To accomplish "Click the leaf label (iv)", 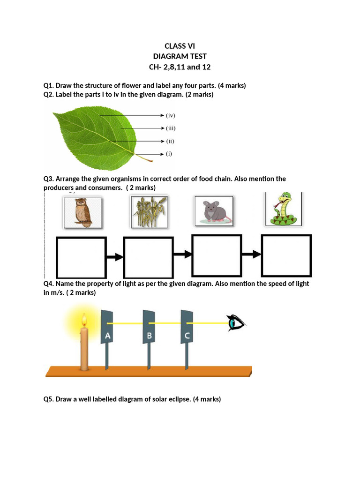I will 170,115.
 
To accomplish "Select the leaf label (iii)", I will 170,127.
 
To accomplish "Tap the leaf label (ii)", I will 170,141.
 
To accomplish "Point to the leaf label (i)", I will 169,153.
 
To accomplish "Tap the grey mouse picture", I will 213,211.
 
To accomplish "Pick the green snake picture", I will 283,209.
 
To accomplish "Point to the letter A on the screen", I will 108,336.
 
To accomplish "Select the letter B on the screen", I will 149,336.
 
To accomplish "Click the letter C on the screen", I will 187,336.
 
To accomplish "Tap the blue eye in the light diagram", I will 236,323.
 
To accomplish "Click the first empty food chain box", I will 81,256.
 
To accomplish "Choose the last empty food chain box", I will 286,255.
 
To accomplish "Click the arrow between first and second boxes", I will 115,256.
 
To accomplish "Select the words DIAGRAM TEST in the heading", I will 180,56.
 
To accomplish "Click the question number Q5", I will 49,399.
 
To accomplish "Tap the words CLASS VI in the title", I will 180,46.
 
